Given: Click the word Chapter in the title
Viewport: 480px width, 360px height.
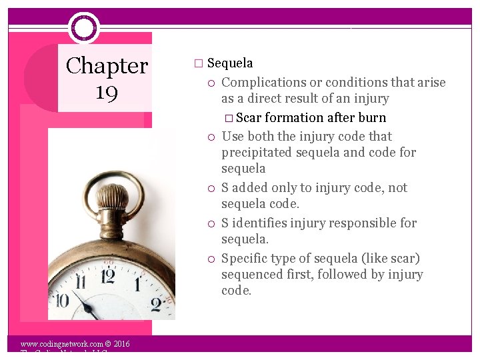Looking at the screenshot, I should coord(107,66).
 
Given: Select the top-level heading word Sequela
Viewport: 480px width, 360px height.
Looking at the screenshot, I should coord(230,63).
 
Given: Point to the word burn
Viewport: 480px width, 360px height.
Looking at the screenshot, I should coord(372,118).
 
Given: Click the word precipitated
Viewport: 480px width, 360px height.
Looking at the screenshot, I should coord(256,153).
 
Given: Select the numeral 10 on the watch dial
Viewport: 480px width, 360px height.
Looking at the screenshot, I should coord(61,300).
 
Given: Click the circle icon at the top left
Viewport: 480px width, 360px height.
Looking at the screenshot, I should coord(83,28).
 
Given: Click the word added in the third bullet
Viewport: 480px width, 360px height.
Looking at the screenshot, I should coord(250,188).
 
